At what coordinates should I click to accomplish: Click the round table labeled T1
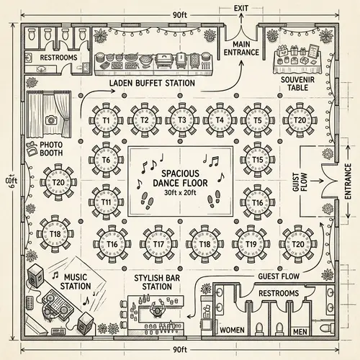106,120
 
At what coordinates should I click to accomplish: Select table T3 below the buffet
181,120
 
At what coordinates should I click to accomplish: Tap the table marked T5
257,120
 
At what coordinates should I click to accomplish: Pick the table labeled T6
106,159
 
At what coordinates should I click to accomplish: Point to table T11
106,202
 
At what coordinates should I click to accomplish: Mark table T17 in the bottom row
158,244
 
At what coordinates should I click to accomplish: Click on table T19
251,244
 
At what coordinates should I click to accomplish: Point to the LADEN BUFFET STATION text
152,84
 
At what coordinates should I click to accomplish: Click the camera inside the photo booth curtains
50,120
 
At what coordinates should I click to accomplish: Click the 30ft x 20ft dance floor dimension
180,193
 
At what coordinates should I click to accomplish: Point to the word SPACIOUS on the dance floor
181,173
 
